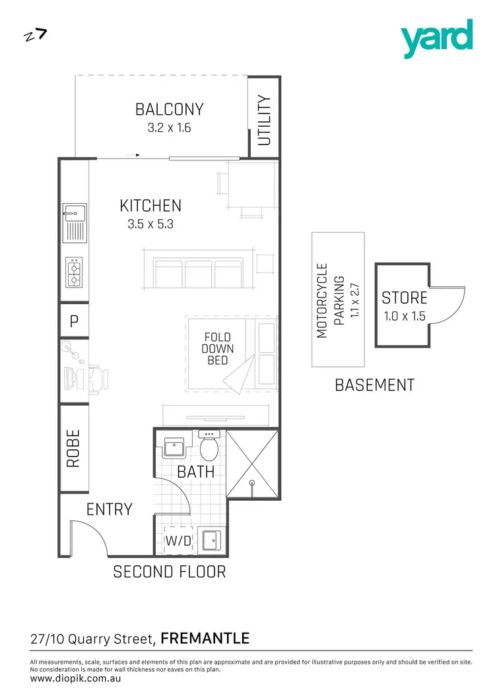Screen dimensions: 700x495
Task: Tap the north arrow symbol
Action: pyautogui.click(x=35, y=35)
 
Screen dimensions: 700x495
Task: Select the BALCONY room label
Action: pyautogui.click(x=169, y=109)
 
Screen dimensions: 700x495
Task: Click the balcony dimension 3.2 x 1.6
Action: pyautogui.click(x=169, y=127)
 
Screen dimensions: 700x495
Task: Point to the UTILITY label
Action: pyautogui.click(x=264, y=120)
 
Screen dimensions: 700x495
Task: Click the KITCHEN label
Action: pyautogui.click(x=150, y=206)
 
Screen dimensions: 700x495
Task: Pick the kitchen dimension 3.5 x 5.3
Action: pyautogui.click(x=150, y=224)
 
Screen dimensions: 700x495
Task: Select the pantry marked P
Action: pyautogui.click(x=74, y=321)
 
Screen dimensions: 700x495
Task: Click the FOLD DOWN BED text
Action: pyautogui.click(x=216, y=349)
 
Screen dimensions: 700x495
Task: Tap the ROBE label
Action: pyautogui.click(x=73, y=449)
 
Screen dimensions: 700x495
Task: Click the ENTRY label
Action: pyautogui.click(x=110, y=509)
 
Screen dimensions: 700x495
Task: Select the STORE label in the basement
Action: pyautogui.click(x=405, y=298)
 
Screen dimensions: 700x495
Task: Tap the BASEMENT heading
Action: pyautogui.click(x=375, y=385)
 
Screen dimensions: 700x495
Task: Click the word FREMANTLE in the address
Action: pyautogui.click(x=205, y=638)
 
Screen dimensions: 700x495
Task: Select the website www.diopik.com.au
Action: pyautogui.click(x=75, y=678)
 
